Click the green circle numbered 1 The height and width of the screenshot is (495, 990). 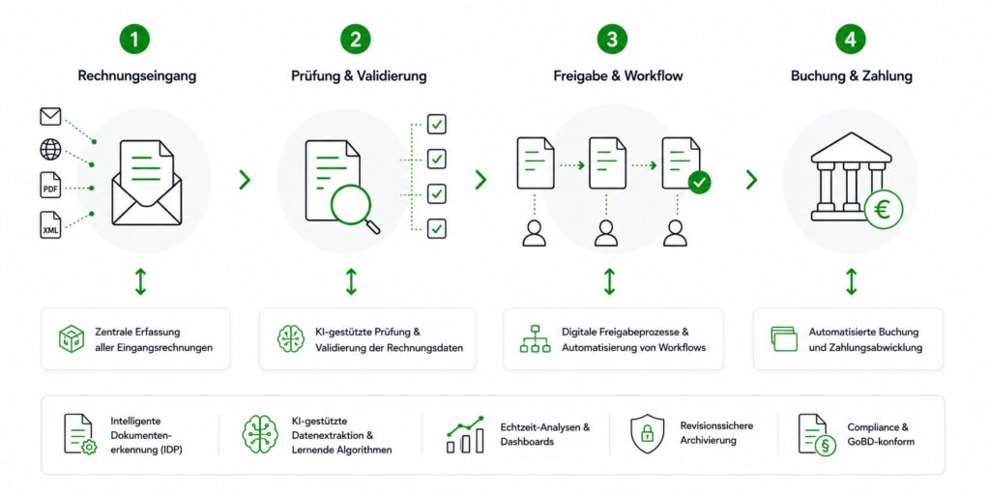click(x=135, y=39)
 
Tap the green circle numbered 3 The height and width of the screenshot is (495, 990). click(x=612, y=39)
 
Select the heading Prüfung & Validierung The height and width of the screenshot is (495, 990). click(x=359, y=76)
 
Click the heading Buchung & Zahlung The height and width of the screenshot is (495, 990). click(x=851, y=76)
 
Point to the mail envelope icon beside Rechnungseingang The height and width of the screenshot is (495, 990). click(x=50, y=116)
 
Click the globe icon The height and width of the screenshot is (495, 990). click(x=50, y=150)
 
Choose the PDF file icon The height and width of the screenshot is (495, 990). click(x=50, y=185)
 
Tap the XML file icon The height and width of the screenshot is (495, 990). click(x=50, y=225)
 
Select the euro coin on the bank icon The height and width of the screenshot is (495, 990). click(x=884, y=210)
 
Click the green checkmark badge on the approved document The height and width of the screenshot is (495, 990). click(x=699, y=182)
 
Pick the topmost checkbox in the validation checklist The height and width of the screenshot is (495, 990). click(x=436, y=125)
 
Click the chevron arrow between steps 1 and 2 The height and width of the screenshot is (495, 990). click(x=245, y=180)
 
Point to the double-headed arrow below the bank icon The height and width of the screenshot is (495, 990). click(x=851, y=281)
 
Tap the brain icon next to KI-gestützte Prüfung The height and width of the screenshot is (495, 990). click(x=290, y=338)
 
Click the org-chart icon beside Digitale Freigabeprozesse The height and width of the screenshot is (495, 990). click(x=535, y=338)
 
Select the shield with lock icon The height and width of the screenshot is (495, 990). click(x=647, y=434)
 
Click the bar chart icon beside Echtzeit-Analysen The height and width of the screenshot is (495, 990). click(x=465, y=434)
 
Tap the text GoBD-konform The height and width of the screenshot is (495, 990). click(x=881, y=442)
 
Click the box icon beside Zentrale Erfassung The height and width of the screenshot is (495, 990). click(x=72, y=338)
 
